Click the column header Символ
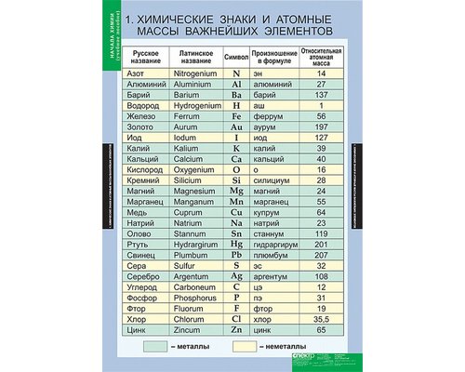[x=237, y=55]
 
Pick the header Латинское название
[x=193, y=55]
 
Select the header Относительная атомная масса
[x=321, y=55]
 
